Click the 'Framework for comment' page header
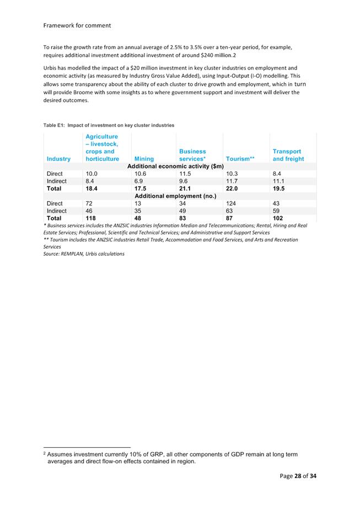tap(77, 25)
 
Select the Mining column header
tap(144, 159)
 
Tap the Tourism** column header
tap(240, 159)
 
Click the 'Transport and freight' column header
tap(288, 155)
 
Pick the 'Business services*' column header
tap(192, 155)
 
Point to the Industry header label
tap(58, 159)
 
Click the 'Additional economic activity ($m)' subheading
tap(175, 166)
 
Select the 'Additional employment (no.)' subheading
tap(175, 196)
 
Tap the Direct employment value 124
tap(232, 203)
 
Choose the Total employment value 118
tap(92, 218)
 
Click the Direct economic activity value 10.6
tap(141, 174)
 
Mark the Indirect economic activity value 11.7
tap(232, 181)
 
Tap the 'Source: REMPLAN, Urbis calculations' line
tap(84, 254)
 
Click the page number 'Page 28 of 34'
tap(298, 476)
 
